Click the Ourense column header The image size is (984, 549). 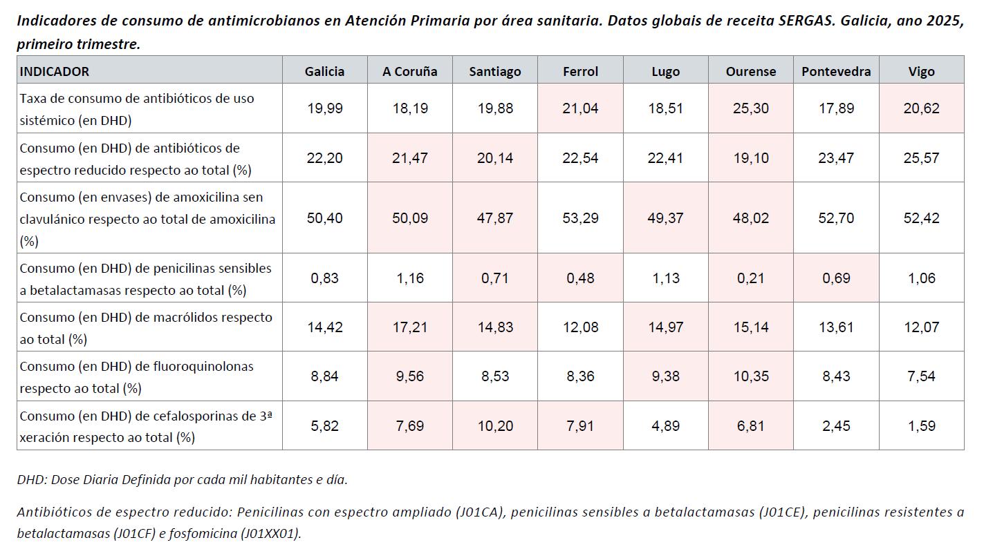751,72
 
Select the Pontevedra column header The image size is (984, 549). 836,72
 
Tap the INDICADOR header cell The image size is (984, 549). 55,72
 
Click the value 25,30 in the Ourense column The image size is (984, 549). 751,108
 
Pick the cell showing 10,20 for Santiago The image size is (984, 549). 495,426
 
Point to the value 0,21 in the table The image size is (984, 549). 751,278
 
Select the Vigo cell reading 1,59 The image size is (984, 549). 922,426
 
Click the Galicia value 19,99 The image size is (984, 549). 325,108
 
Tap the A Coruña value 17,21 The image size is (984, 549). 410,327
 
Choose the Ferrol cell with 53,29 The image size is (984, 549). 581,218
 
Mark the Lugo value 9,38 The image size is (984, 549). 666,376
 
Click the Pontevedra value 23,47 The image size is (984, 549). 836,158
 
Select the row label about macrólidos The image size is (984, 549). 146,327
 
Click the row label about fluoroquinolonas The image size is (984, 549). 137,376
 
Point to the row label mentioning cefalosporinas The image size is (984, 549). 146,426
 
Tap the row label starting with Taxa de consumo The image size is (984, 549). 137,108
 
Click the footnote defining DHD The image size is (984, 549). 182,479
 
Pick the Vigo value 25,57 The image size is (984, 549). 922,158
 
